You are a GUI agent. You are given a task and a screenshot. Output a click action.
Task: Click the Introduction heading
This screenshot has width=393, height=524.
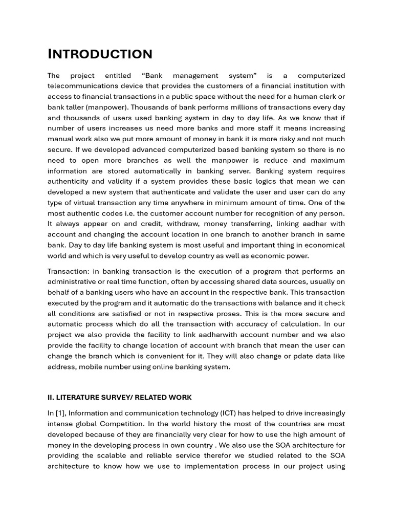pyautogui.click(x=100, y=54)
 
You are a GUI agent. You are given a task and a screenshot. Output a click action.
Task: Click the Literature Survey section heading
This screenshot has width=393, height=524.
pyautogui.click(x=119, y=398)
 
